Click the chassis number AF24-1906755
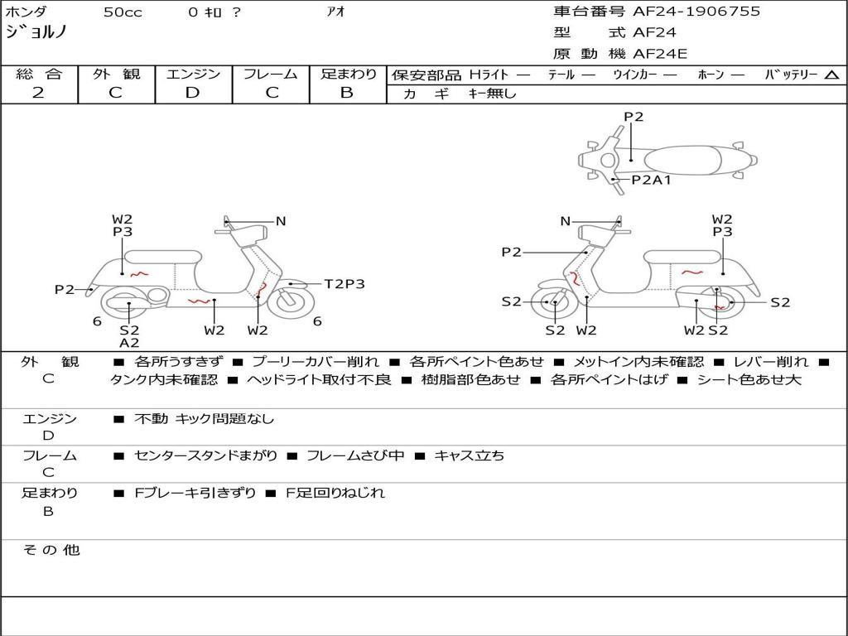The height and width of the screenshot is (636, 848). (x=696, y=12)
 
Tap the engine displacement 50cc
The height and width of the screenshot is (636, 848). (x=121, y=12)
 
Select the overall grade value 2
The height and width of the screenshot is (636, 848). (x=38, y=93)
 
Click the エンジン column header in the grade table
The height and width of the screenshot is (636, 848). (x=193, y=75)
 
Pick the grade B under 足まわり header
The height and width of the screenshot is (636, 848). (x=347, y=93)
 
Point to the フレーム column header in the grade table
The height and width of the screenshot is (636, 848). (x=270, y=75)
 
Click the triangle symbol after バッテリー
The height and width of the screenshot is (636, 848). (x=831, y=75)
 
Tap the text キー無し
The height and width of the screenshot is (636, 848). (x=492, y=94)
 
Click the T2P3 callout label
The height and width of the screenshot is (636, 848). (x=344, y=284)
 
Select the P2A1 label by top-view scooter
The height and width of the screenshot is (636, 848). (x=651, y=180)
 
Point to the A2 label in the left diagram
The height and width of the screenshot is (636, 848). (x=129, y=343)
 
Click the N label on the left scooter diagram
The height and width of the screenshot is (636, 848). (x=281, y=221)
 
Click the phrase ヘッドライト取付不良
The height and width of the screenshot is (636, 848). (x=320, y=380)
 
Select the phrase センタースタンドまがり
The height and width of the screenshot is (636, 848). (x=206, y=455)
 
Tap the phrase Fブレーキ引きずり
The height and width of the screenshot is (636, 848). (x=195, y=493)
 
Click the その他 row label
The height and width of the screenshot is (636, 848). (x=51, y=550)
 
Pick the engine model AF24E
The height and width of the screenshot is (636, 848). (x=660, y=54)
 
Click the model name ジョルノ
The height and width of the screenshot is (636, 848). (x=36, y=32)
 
